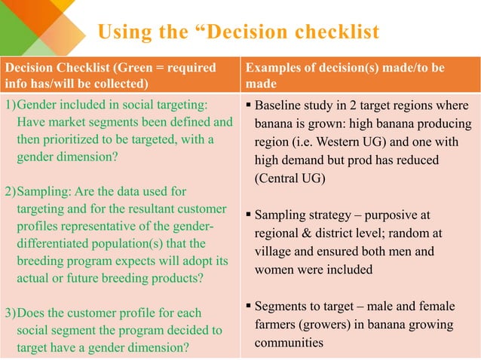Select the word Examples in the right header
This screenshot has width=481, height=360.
(271, 68)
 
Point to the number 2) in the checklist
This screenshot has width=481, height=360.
(10, 191)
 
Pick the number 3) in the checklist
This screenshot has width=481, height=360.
(10, 313)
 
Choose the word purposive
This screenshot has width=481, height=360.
(396, 215)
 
